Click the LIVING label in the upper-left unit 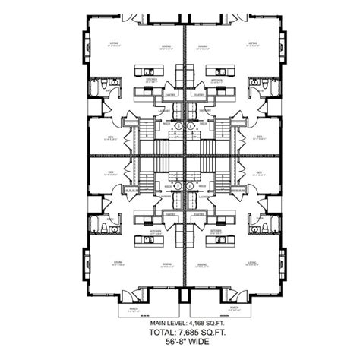(114, 44)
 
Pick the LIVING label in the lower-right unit (251, 264)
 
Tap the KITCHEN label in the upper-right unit (216, 78)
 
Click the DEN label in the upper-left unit (111, 137)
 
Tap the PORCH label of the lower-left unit (134, 308)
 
